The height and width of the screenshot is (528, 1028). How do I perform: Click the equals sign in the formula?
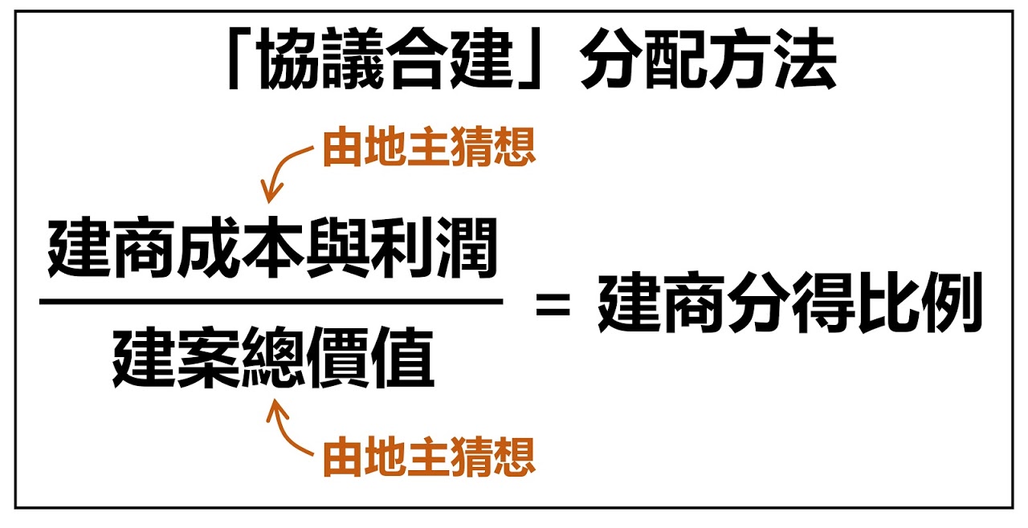[553, 305]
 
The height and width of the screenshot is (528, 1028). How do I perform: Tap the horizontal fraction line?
[271, 302]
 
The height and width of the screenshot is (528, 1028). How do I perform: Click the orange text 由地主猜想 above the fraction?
[429, 147]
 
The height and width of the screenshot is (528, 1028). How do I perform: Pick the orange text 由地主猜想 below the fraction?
[429, 457]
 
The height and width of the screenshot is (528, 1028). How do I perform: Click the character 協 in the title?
[290, 58]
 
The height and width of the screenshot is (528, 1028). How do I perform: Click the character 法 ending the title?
[806, 58]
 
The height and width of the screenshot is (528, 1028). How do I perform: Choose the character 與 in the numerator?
[338, 248]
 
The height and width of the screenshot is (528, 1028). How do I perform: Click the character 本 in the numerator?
[274, 248]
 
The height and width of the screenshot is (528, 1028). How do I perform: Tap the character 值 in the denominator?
[402, 357]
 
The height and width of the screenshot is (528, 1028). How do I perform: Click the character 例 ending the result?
[952, 303]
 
